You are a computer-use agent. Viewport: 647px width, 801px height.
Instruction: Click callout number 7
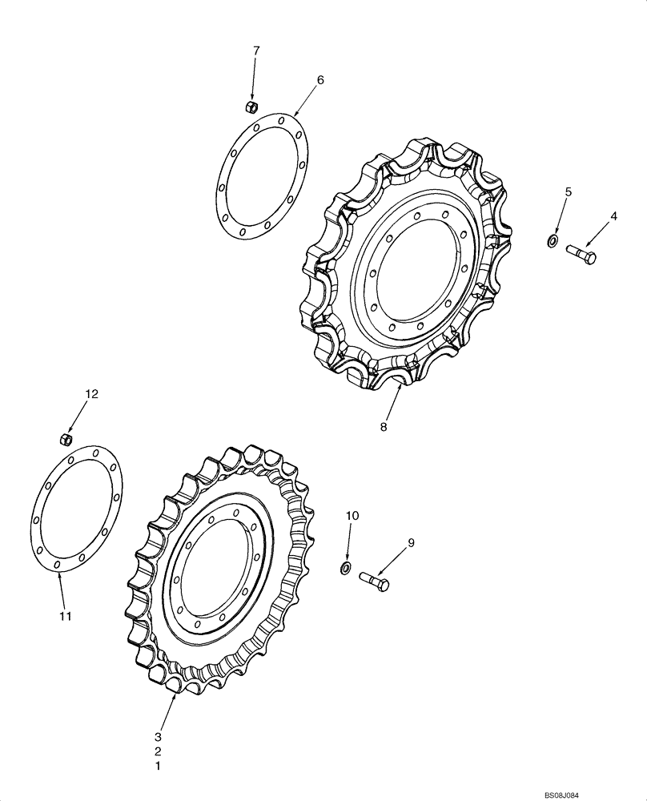coord(256,50)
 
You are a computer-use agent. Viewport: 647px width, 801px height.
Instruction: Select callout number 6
coord(320,80)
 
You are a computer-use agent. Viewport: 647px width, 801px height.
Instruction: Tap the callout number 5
coord(569,191)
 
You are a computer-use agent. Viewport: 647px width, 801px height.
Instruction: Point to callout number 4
coord(614,215)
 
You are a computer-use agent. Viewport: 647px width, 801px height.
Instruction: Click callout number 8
coord(384,427)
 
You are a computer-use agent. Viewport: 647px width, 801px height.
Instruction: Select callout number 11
coord(65,616)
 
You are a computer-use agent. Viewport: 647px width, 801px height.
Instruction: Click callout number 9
coord(411,543)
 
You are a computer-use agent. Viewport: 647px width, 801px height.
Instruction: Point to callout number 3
coord(159,736)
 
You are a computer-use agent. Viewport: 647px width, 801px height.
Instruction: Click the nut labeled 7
coord(250,107)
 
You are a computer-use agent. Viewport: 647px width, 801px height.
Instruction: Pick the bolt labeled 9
coord(374,579)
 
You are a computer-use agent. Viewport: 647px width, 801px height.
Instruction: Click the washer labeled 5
coord(553,240)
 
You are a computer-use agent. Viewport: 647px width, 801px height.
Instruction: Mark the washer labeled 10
coord(345,568)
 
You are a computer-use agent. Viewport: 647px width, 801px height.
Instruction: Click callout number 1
coord(159,766)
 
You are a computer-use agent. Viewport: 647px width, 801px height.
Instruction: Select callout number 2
coord(159,751)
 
